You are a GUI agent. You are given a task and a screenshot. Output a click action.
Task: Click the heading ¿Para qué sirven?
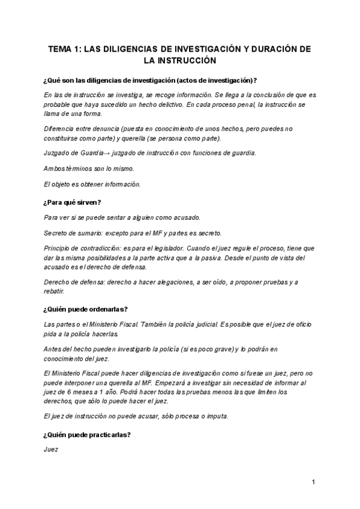[73, 202]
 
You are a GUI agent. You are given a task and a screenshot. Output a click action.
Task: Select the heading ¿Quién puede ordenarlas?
[85, 309]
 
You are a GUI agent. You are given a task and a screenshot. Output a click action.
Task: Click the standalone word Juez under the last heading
[52, 448]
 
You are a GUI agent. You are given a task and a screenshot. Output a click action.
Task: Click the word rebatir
[54, 291]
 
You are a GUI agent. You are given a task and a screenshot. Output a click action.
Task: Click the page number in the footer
[313, 482]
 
